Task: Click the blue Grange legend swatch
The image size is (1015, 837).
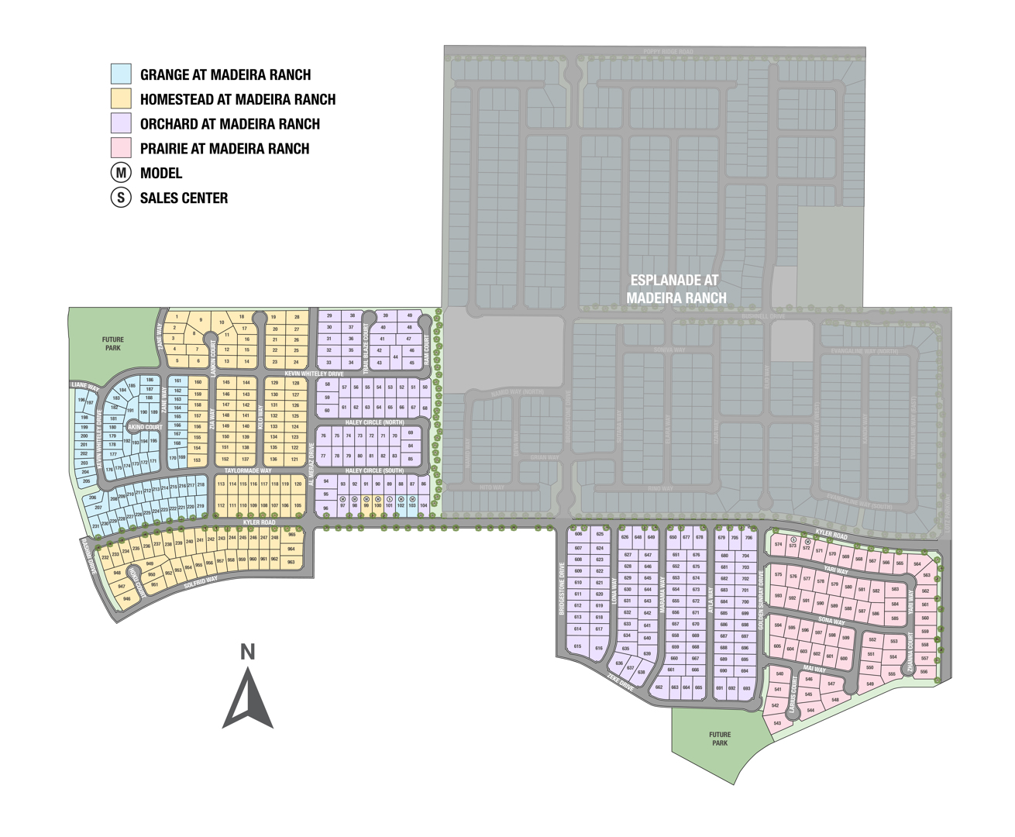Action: click(x=121, y=74)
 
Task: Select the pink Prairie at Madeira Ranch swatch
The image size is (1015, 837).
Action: click(x=121, y=148)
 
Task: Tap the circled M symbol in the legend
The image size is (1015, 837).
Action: click(x=121, y=173)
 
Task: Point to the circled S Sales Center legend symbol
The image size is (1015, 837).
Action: click(x=121, y=198)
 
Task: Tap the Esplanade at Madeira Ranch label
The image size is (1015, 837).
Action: click(x=676, y=289)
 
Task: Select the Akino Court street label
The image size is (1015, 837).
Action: click(x=145, y=427)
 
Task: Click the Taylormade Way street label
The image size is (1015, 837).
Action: click(x=248, y=470)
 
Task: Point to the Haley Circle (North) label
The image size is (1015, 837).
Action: click(x=374, y=422)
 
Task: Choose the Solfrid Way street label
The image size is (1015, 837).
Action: click(x=201, y=584)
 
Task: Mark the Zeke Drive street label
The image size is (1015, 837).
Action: click(x=621, y=682)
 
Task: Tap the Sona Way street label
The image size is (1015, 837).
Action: click(x=831, y=622)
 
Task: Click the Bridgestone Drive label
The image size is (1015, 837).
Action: click(x=563, y=589)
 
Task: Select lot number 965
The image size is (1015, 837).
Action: click(x=291, y=535)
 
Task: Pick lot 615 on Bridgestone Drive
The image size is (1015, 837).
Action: click(x=577, y=646)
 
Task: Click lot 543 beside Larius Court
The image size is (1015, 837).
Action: click(x=777, y=723)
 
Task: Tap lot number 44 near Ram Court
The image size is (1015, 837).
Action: click(x=396, y=357)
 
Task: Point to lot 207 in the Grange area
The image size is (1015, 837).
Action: click(x=98, y=508)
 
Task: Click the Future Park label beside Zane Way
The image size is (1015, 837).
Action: click(x=113, y=344)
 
